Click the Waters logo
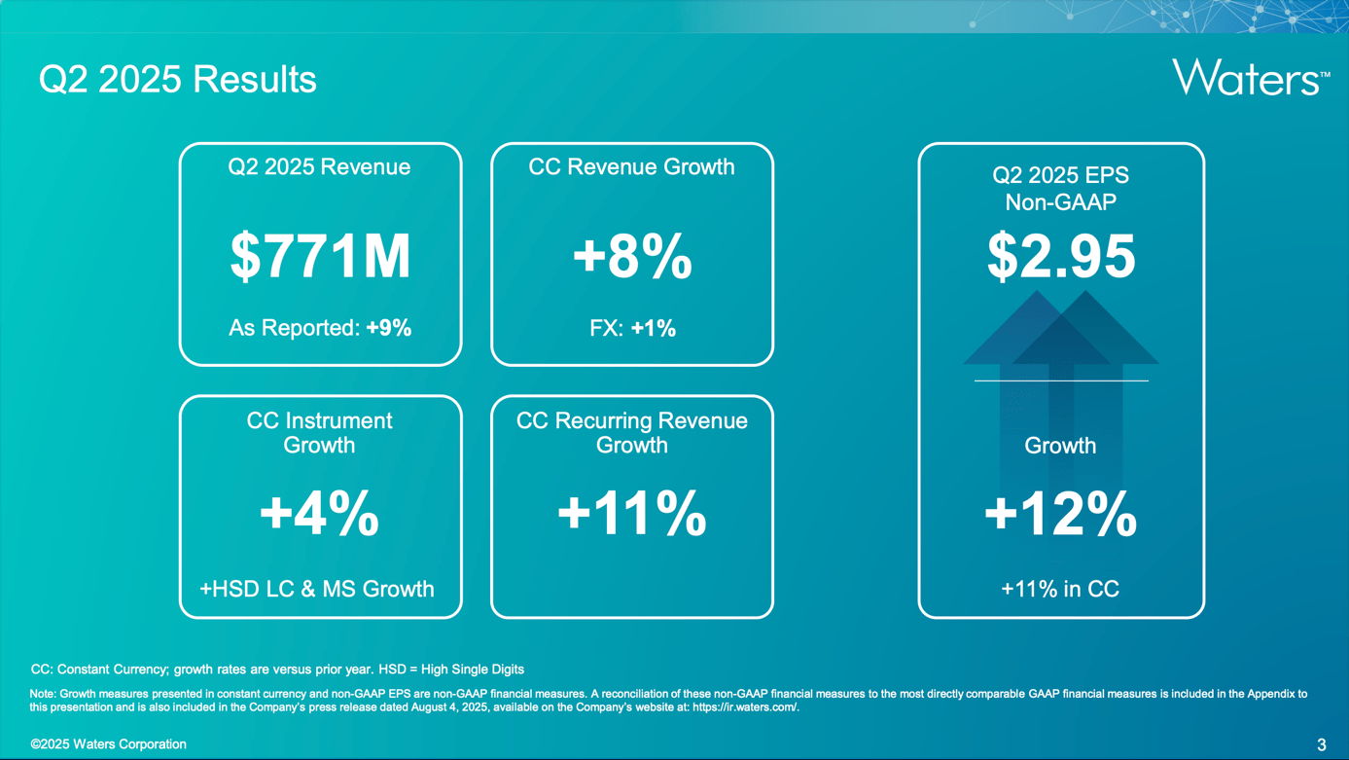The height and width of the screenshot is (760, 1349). click(x=1250, y=77)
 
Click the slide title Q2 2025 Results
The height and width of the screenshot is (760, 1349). click(x=178, y=79)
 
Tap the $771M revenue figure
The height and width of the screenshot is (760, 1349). click(x=320, y=256)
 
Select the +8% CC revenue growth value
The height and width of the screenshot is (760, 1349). click(x=632, y=256)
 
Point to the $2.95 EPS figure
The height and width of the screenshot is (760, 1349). click(x=1061, y=256)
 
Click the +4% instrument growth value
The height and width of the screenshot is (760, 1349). click(x=320, y=513)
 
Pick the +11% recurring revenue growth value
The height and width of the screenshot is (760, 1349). click(x=632, y=513)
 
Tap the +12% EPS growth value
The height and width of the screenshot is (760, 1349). click(x=1061, y=513)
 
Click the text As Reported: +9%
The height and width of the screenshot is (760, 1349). click(x=320, y=328)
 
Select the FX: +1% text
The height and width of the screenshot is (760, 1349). click(x=632, y=328)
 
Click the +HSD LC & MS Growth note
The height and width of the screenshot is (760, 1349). click(x=317, y=589)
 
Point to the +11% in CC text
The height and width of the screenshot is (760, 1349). click(x=1060, y=589)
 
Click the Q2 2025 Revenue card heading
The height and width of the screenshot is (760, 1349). click(x=319, y=167)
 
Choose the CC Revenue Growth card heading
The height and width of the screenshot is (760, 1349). click(x=632, y=167)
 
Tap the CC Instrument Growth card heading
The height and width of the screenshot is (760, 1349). click(x=319, y=432)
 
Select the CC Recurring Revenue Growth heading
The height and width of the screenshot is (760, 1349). click(x=632, y=432)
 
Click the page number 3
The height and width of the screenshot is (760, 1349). click(x=1321, y=745)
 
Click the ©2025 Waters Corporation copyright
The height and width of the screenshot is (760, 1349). click(x=108, y=744)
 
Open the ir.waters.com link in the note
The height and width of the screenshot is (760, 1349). click(x=745, y=707)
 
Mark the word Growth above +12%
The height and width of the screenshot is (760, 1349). click(x=1060, y=446)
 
